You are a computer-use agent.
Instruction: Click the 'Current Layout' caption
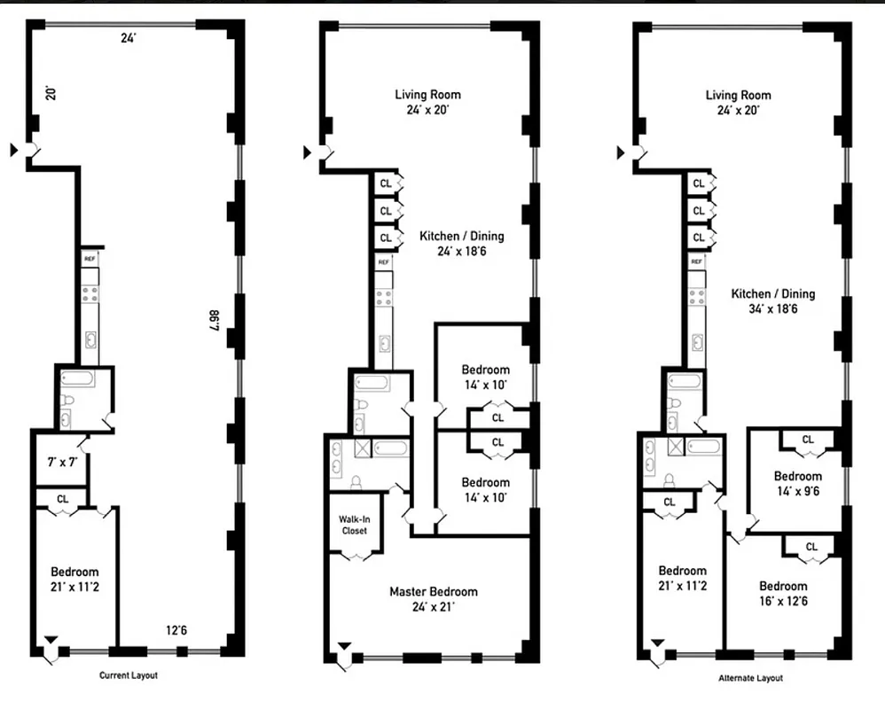pos(128,675)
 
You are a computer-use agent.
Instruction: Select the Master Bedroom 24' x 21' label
pos(433,599)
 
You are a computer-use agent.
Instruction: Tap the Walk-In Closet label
pos(354,525)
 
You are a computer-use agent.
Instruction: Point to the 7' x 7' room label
pos(61,463)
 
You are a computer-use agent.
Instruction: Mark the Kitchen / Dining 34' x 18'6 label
pos(772,301)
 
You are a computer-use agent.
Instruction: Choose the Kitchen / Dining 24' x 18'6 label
pos(462,243)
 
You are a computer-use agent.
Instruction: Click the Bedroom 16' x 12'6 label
pos(783,593)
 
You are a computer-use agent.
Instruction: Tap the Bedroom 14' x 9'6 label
pos(798,483)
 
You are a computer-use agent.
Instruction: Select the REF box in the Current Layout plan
pos(90,258)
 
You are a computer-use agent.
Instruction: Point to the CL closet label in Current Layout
pos(62,499)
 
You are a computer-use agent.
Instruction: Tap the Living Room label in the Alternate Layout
pos(738,102)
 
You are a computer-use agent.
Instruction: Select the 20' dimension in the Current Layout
pos(51,92)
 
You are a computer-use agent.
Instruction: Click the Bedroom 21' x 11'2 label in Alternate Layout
pos(682,578)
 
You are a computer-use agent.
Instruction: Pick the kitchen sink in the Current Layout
pos(90,339)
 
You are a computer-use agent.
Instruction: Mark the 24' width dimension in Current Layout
pos(129,38)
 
